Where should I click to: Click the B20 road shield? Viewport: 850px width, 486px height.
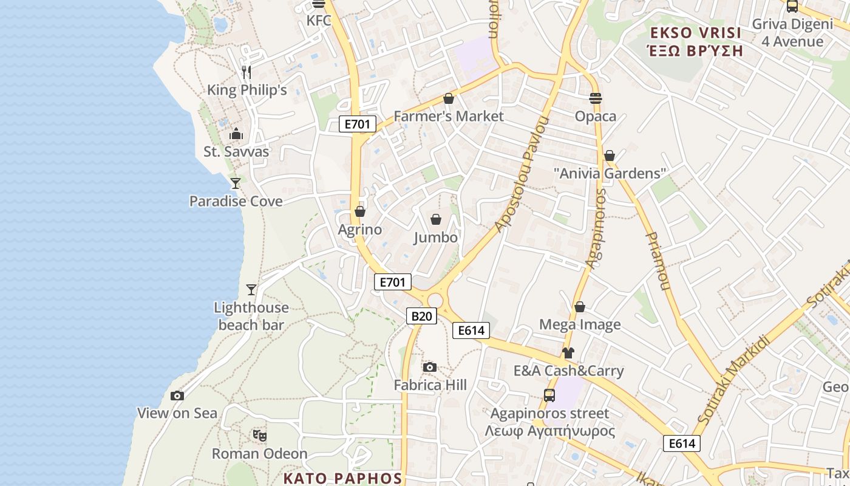pyautogui.click(x=421, y=316)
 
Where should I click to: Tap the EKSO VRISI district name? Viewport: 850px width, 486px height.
pyautogui.click(x=695, y=41)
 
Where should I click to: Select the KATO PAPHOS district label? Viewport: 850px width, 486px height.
pyautogui.click(x=342, y=478)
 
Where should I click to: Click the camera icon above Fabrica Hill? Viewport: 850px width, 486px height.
pyautogui.click(x=430, y=367)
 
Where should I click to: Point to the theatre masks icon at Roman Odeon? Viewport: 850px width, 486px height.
pyautogui.click(x=260, y=435)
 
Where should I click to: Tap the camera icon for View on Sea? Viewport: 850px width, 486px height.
pyautogui.click(x=177, y=395)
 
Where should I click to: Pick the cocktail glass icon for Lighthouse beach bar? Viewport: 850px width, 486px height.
pyautogui.click(x=251, y=290)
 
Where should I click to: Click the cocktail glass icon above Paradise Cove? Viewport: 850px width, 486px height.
pyautogui.click(x=236, y=183)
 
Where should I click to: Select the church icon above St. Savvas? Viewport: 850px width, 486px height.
pyautogui.click(x=236, y=134)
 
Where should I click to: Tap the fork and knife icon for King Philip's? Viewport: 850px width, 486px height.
pyautogui.click(x=246, y=72)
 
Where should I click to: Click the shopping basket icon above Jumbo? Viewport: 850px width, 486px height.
pyautogui.click(x=436, y=219)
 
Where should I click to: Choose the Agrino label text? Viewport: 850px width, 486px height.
pyautogui.click(x=360, y=230)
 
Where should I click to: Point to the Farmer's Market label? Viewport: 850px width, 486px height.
pyautogui.click(x=449, y=116)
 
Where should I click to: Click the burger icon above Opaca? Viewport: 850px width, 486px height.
pyautogui.click(x=596, y=98)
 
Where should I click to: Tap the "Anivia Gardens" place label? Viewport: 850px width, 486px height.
pyautogui.click(x=610, y=173)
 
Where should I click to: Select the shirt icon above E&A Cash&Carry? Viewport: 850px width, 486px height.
pyautogui.click(x=568, y=352)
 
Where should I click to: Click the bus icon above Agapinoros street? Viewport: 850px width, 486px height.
pyautogui.click(x=549, y=395)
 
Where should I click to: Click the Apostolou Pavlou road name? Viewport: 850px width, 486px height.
pyautogui.click(x=522, y=174)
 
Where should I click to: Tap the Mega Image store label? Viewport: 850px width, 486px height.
pyautogui.click(x=580, y=324)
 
